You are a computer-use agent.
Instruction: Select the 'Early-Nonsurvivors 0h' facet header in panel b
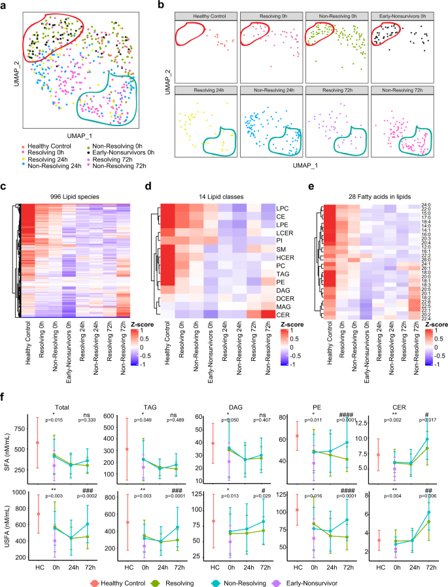(404, 14)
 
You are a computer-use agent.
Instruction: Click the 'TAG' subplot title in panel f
(144, 405)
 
